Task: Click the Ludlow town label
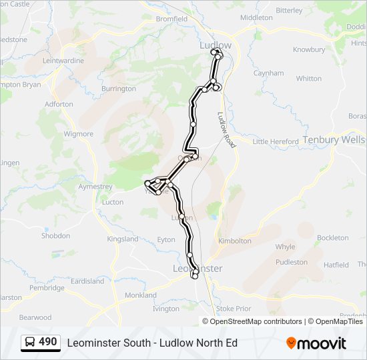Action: (x=216, y=45)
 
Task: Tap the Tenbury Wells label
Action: (x=334, y=140)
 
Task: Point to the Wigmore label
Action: (x=78, y=133)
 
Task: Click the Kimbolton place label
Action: (x=234, y=241)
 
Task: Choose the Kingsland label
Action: (x=123, y=239)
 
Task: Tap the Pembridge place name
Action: (x=47, y=288)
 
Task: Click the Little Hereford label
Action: (x=276, y=141)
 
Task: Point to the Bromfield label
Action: (x=171, y=19)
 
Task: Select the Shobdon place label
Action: (x=55, y=235)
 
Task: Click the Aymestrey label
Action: (x=95, y=187)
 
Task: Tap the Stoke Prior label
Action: (x=234, y=309)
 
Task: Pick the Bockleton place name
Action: (x=332, y=237)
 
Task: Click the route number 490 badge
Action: (x=47, y=342)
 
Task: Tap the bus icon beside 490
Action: (x=31, y=343)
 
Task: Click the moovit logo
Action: (x=316, y=343)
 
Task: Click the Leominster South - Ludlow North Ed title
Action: (x=152, y=343)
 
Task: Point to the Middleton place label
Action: (x=256, y=17)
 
